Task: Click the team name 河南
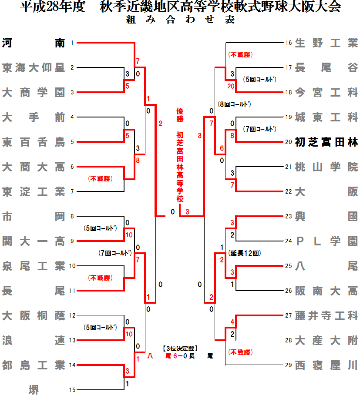(x=34, y=43)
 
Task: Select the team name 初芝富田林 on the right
(x=326, y=142)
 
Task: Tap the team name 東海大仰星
(x=34, y=67)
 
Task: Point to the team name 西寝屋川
(x=326, y=365)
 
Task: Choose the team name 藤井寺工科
(x=326, y=315)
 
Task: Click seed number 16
(x=288, y=43)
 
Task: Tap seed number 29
(x=288, y=365)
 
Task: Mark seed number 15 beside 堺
(x=72, y=390)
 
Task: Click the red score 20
(x=231, y=87)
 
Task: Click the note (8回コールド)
(x=235, y=104)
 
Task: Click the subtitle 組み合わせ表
(x=180, y=20)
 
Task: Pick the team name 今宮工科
(x=326, y=92)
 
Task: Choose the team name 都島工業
(x=34, y=365)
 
